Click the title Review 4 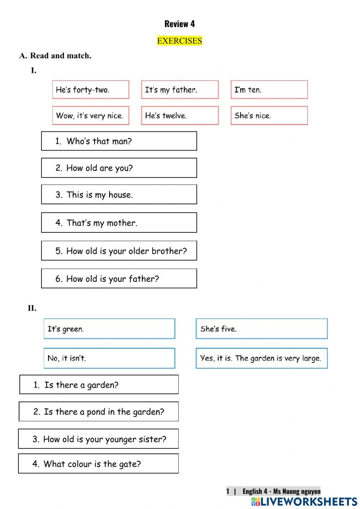[x=179, y=24]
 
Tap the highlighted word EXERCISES [x=179, y=41]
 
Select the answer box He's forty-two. [x=90, y=90]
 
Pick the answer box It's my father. [x=180, y=90]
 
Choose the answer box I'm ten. [x=269, y=90]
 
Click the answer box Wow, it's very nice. [x=90, y=116]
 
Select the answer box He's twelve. [x=180, y=116]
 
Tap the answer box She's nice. [x=269, y=116]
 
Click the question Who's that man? [x=119, y=141]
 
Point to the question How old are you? [x=119, y=168]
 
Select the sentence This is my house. [x=119, y=195]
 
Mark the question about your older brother [x=119, y=251]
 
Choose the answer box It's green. [x=109, y=329]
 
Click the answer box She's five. [x=261, y=329]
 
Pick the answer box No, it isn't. [x=109, y=358]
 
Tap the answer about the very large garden [x=261, y=358]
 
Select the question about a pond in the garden [x=99, y=412]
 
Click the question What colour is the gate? [x=98, y=464]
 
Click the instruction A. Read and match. [x=55, y=56]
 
